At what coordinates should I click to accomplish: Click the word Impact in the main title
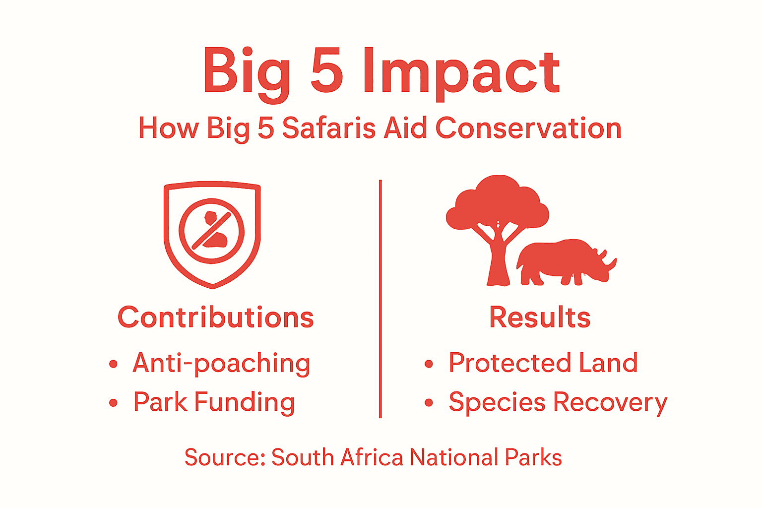tap(461, 72)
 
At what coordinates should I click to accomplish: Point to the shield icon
tap(212, 234)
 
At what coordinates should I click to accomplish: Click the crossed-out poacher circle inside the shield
tap(212, 231)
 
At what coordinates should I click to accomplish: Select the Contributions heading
tap(216, 317)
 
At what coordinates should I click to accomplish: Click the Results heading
tap(540, 317)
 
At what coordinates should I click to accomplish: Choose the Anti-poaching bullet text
tap(221, 363)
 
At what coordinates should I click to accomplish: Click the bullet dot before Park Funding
tap(113, 403)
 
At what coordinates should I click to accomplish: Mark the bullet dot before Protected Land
tap(429, 364)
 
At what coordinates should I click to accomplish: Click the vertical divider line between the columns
tap(381, 298)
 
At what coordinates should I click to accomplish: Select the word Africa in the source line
tap(372, 457)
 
